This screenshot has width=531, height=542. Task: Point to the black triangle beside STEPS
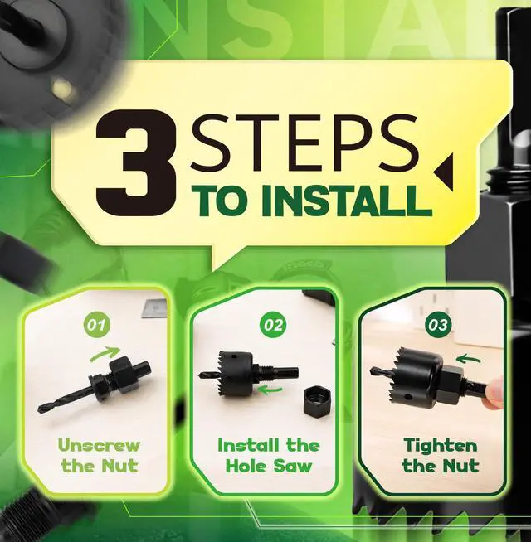click(444, 172)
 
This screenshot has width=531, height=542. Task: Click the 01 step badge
click(96, 325)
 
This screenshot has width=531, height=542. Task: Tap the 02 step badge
click(273, 325)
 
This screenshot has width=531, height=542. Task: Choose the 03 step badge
click(439, 325)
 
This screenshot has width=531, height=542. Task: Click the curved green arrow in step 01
click(105, 354)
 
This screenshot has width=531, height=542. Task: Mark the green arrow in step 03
click(468, 359)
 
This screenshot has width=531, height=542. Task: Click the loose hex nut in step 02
click(315, 401)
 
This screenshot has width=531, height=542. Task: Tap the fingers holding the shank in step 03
click(494, 393)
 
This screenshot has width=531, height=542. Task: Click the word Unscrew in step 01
click(99, 445)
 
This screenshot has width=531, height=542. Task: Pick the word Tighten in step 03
click(441, 446)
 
